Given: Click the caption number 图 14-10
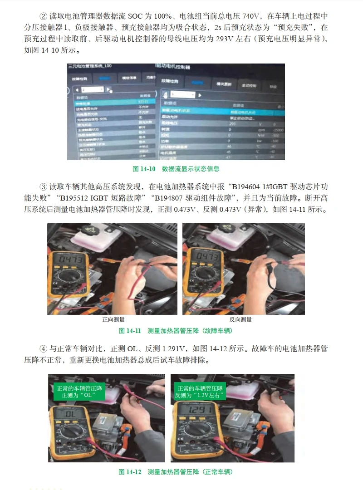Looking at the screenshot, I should (144, 169).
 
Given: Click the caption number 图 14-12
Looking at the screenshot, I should (130, 472).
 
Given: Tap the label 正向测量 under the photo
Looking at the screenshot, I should (113, 320).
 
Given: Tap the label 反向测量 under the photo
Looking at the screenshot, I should (240, 320).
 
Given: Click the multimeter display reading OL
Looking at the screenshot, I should (71, 415).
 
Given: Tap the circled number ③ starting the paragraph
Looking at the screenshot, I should (44, 186).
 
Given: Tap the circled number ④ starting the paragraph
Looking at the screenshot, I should (44, 349).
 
